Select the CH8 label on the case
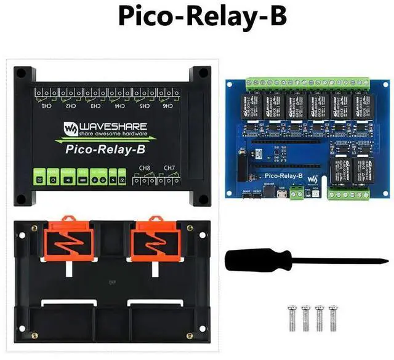[145, 167]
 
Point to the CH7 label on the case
[169, 167]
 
